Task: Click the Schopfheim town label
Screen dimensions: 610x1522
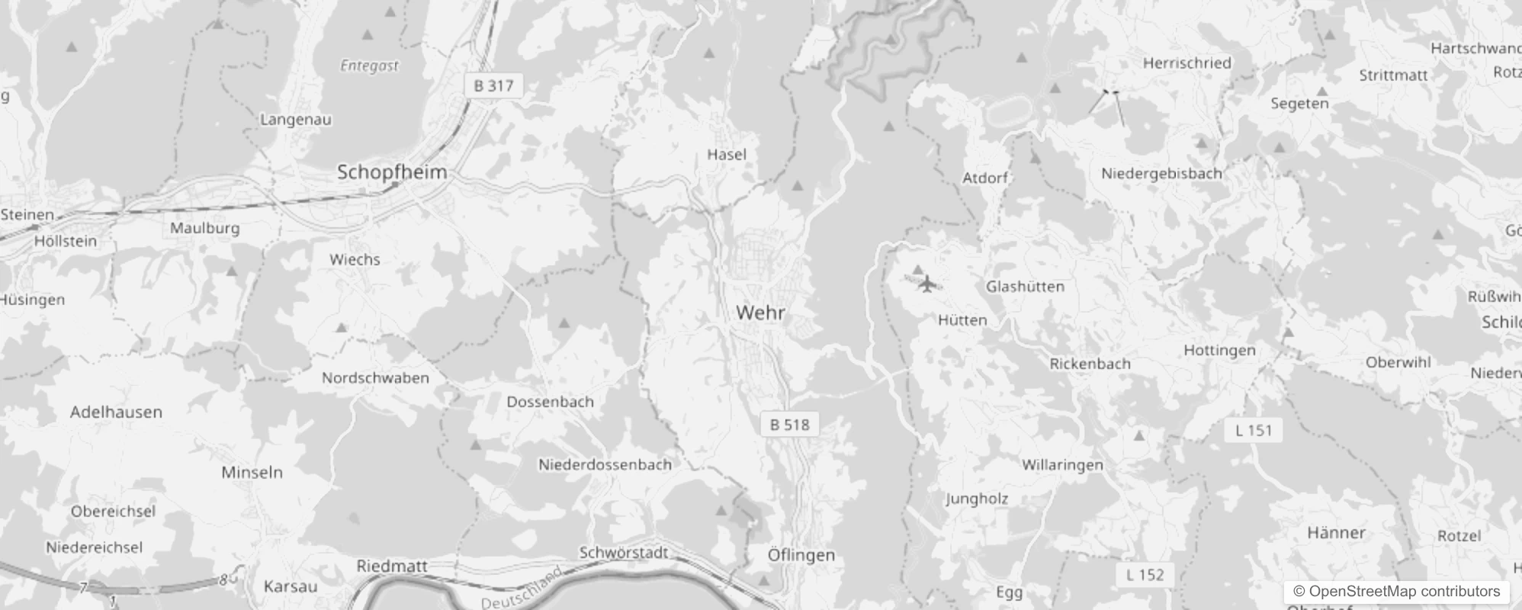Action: (392, 172)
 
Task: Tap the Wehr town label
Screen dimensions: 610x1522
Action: (760, 313)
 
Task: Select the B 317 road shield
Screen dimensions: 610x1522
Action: (493, 85)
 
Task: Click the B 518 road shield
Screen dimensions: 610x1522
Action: (789, 425)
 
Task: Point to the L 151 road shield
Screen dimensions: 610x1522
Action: (1254, 430)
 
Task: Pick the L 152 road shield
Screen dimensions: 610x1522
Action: (1145, 575)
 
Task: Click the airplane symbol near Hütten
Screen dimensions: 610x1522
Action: (926, 284)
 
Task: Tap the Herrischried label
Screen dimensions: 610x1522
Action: (1186, 63)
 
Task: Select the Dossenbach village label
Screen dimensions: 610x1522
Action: (550, 402)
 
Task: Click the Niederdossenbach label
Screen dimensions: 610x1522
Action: (605, 464)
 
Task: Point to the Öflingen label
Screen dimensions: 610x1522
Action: (801, 555)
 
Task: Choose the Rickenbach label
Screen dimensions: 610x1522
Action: (1090, 364)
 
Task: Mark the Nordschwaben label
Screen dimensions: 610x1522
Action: (375, 378)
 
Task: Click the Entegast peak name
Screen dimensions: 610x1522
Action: (369, 66)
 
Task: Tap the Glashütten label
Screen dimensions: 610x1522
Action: (1025, 287)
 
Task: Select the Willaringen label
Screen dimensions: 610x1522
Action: (1062, 465)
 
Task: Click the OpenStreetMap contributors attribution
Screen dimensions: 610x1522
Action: (1396, 592)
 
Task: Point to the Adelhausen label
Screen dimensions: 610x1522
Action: (116, 413)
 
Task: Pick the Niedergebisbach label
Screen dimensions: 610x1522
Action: (1161, 174)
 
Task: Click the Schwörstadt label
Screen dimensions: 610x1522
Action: (624, 553)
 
